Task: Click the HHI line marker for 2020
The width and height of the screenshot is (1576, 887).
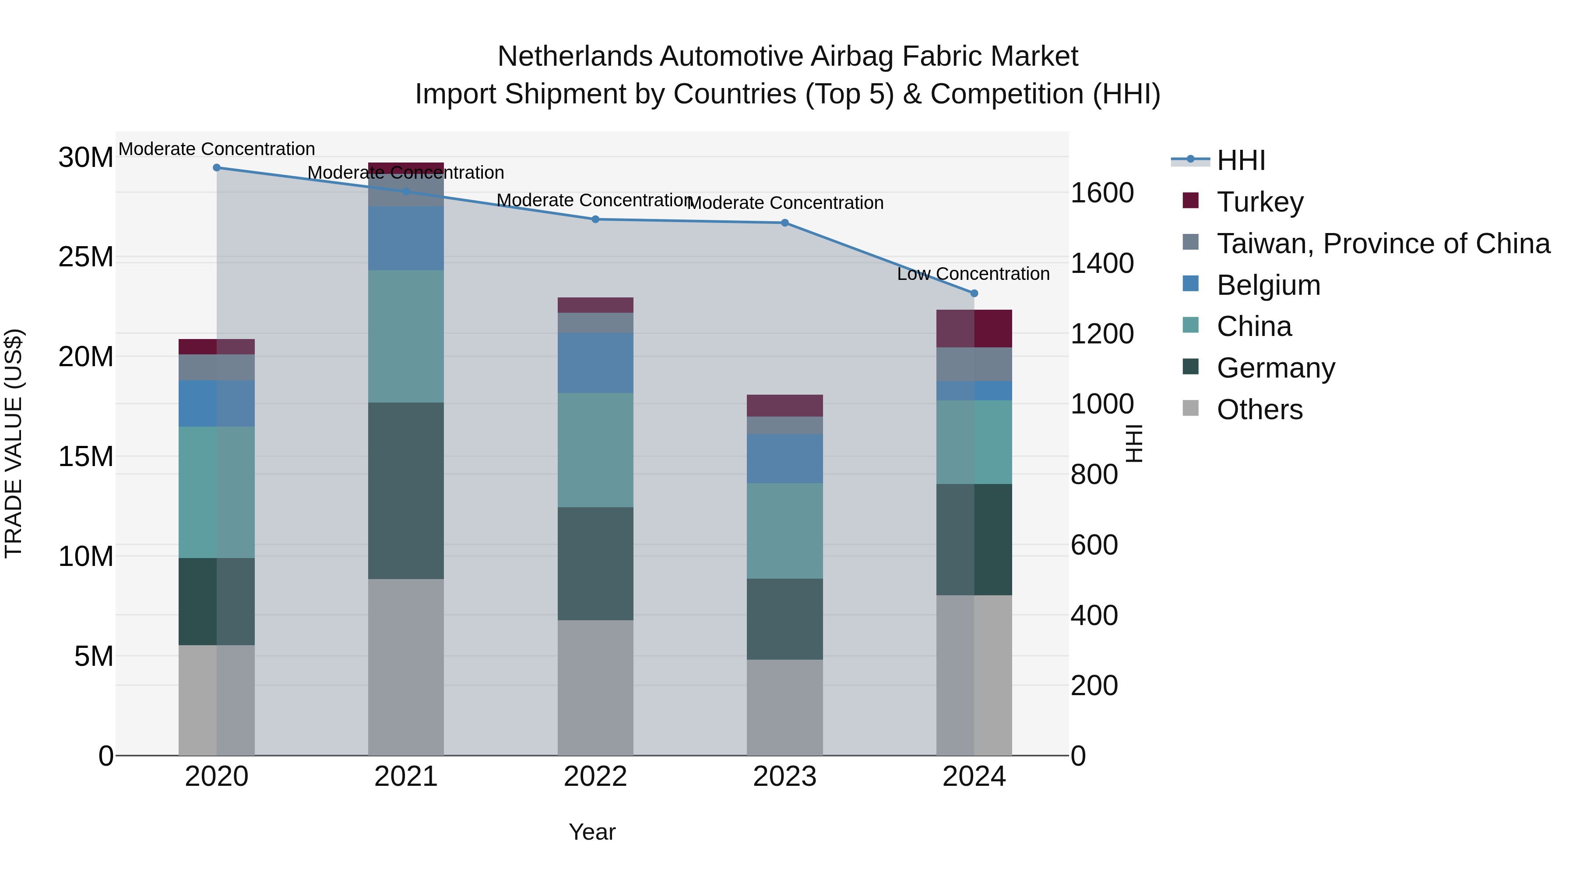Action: [217, 168]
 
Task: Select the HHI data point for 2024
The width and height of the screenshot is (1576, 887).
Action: [974, 293]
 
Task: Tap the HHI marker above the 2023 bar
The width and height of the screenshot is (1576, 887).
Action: [785, 223]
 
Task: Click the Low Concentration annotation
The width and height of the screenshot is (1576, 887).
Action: [973, 274]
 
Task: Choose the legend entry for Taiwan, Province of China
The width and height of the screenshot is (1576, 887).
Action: [1383, 244]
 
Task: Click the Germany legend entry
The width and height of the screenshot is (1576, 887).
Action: [1276, 368]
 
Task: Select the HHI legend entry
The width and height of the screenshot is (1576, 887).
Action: [1240, 160]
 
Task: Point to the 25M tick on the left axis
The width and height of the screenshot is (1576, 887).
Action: [86, 257]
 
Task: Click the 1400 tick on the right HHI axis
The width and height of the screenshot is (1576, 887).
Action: [1102, 264]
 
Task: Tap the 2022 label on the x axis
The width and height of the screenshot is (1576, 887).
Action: [595, 777]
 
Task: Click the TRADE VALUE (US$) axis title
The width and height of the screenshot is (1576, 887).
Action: [14, 443]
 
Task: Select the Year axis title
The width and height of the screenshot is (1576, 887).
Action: [591, 832]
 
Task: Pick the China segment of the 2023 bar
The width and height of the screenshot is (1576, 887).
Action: [785, 531]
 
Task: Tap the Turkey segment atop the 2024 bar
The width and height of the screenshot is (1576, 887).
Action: [974, 328]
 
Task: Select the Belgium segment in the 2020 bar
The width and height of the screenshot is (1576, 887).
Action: [217, 403]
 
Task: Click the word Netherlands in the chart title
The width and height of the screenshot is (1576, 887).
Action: [576, 57]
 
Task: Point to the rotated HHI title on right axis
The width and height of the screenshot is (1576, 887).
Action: [1134, 443]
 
